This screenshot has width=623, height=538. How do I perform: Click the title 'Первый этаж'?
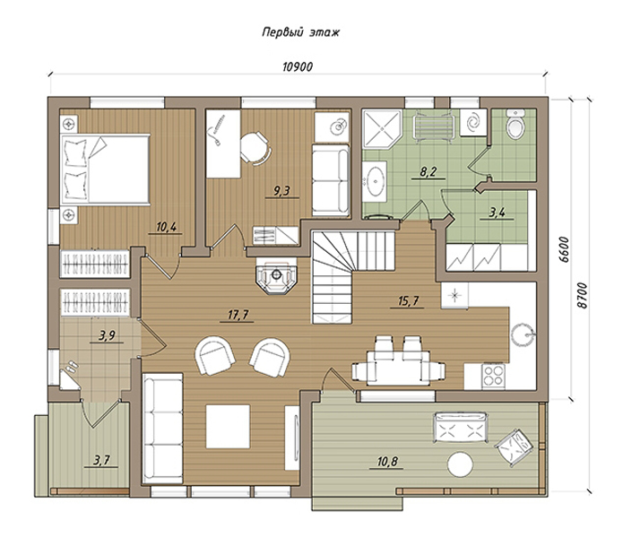pos(301,32)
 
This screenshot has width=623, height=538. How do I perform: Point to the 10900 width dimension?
pos(298,66)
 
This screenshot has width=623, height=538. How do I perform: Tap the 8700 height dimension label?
pos(582,295)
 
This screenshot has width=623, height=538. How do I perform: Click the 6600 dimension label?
pos(563,250)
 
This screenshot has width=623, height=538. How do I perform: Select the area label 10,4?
pos(166,227)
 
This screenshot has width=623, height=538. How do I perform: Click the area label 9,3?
pos(281,191)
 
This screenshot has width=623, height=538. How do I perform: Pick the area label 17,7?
pos(238,315)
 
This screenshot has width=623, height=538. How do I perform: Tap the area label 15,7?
pos(409,300)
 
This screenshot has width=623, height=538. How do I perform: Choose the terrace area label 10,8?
pos(388,461)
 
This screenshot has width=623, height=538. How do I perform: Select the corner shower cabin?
pos(382,129)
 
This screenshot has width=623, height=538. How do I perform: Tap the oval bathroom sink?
pos(375,182)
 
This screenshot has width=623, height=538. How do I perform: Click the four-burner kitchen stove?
pos(493,376)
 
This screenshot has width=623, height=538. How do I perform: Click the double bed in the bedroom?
pos(105,169)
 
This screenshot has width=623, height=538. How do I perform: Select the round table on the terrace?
pos(461,464)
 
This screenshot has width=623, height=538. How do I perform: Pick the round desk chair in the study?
pos(255,147)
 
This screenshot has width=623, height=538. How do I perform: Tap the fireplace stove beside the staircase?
pos(276,275)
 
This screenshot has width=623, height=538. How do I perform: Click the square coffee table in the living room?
pos(228,426)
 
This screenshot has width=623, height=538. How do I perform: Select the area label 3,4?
pos(497,213)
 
